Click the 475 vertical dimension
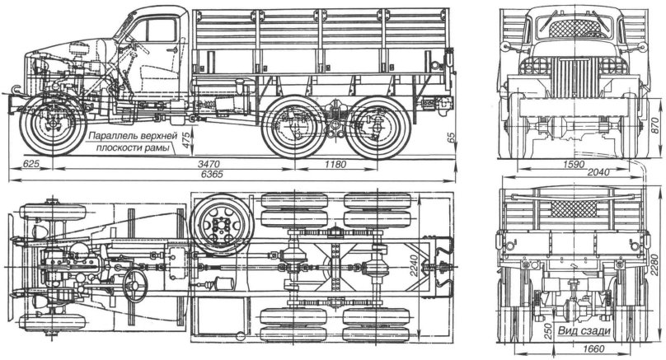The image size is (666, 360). (x=186, y=140)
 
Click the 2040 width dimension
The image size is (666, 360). (x=578, y=175)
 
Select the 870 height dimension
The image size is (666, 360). (x=656, y=123)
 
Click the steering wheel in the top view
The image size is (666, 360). (x=134, y=283)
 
